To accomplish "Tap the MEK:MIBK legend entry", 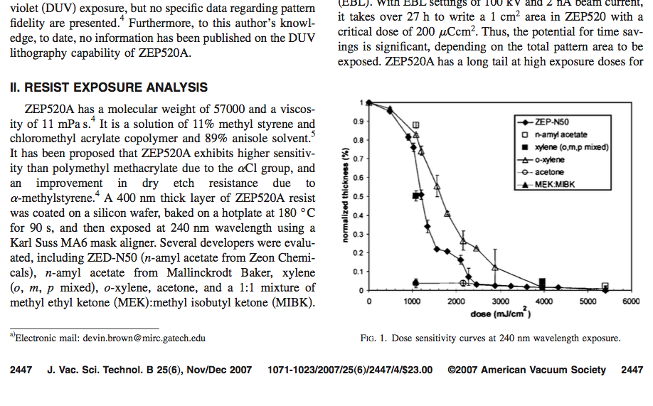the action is pyautogui.click(x=546, y=184).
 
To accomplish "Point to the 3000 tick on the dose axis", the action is pyautogui.click(x=500, y=301).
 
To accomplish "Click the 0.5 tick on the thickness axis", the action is pyautogui.click(x=358, y=196).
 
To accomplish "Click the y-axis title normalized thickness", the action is pyautogui.click(x=345, y=196).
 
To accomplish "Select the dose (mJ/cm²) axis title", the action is pyautogui.click(x=501, y=313).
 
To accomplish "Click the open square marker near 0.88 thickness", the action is pyautogui.click(x=415, y=125).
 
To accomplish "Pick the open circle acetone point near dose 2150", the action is pyautogui.click(x=463, y=283).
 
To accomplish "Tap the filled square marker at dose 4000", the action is pyautogui.click(x=542, y=284).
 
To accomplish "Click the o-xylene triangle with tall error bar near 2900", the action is pyautogui.click(x=495, y=268).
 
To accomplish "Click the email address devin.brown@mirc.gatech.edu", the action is pyautogui.click(x=144, y=338).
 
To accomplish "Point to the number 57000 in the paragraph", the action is pyautogui.click(x=229, y=109).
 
